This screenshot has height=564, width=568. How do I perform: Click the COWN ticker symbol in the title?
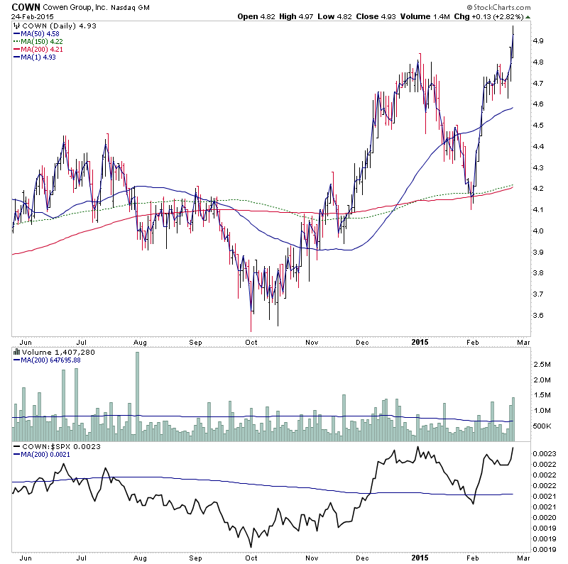25,6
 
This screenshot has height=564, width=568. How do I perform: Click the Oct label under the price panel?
251,341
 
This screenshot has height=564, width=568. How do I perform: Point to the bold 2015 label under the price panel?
420,341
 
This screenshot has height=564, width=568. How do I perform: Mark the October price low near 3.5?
251,329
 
